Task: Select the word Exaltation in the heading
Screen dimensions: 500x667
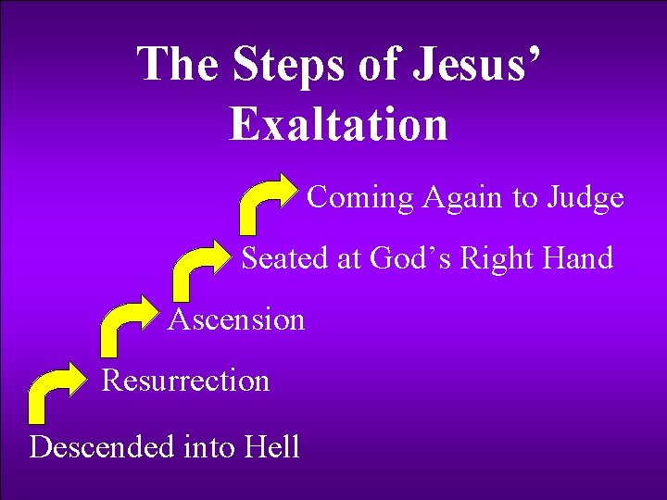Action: [x=338, y=124]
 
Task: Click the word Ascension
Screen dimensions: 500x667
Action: [x=236, y=320]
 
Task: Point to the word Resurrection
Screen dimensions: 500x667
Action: [x=185, y=381]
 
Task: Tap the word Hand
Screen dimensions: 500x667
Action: [x=580, y=258]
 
